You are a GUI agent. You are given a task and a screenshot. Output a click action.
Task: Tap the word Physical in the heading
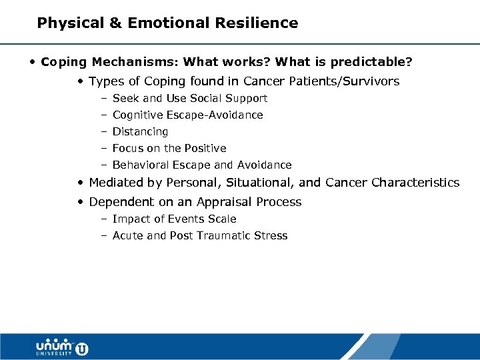70,23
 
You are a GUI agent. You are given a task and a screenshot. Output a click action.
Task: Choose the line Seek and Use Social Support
189,99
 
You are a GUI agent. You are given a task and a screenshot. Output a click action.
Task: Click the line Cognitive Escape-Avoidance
187,115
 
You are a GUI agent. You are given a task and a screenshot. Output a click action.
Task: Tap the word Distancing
140,132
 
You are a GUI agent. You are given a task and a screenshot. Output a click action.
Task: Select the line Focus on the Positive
169,149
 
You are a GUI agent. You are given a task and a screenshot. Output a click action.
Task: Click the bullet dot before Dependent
80,202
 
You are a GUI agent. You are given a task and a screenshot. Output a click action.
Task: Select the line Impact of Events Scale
174,219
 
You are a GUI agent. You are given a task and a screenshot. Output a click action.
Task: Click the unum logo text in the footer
55,345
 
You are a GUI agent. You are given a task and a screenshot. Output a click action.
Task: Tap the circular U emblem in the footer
82,348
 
